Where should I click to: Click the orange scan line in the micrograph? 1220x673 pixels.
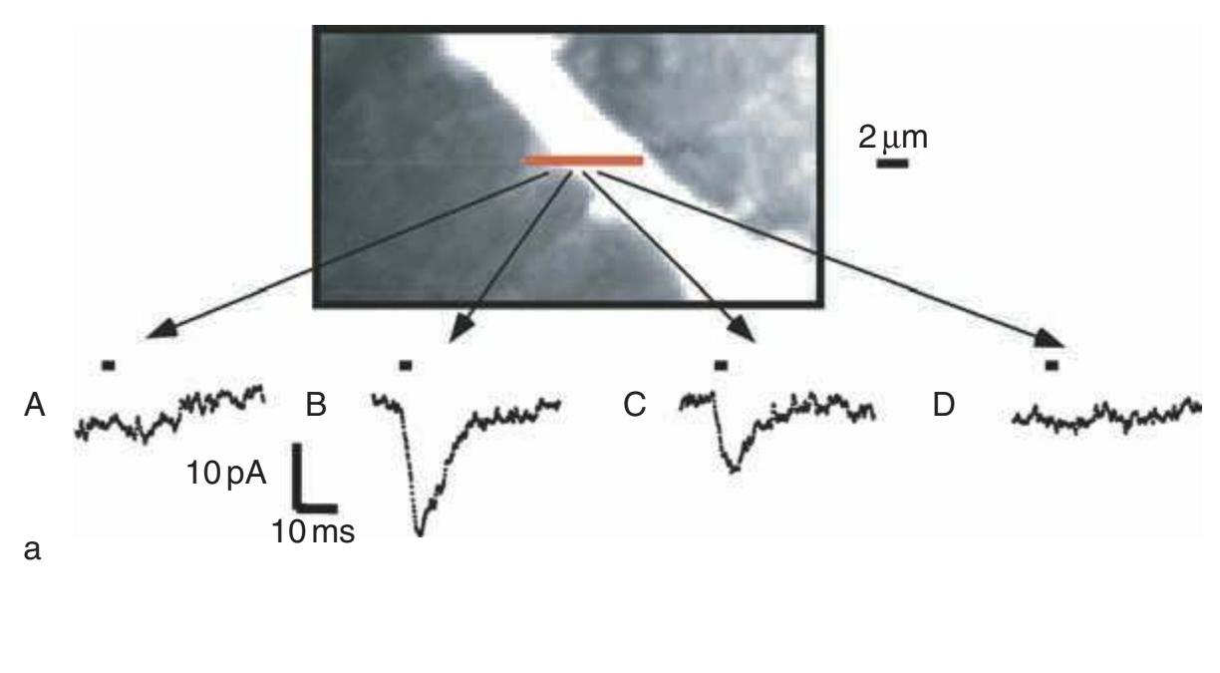(582, 161)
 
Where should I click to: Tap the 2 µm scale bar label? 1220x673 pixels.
(893, 137)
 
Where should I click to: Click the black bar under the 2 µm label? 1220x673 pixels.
(892, 163)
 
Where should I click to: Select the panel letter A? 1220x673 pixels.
(34, 405)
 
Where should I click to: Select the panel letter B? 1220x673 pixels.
(316, 405)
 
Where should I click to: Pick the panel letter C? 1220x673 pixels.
(635, 405)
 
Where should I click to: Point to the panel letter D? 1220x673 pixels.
(944, 405)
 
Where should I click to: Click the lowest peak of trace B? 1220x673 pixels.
(420, 533)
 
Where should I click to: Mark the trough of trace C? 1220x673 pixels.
(735, 469)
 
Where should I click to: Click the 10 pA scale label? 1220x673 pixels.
(226, 473)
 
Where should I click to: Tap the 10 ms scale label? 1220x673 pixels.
(313, 531)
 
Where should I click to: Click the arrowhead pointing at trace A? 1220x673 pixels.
(161, 329)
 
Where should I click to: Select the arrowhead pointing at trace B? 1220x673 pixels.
(461, 329)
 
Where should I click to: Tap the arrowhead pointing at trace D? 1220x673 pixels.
(1049, 339)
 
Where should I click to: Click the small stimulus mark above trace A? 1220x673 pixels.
(109, 366)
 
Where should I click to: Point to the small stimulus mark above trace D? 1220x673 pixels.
(1052, 366)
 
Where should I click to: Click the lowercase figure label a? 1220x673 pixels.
(32, 549)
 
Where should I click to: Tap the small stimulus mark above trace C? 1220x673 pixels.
(721, 366)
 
